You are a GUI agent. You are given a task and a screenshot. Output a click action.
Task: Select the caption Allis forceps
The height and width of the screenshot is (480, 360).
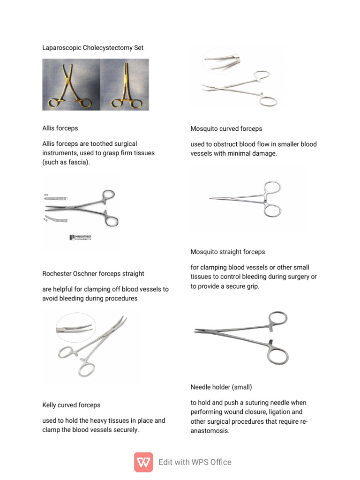60,128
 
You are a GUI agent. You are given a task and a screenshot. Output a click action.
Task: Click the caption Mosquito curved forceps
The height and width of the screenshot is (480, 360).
226,128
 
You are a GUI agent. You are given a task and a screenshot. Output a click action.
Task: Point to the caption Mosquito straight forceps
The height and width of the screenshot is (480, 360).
228,252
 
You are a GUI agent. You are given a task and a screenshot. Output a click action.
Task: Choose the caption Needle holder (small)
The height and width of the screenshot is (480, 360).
221,387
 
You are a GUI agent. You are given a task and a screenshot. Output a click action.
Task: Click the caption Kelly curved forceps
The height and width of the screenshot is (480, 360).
71,405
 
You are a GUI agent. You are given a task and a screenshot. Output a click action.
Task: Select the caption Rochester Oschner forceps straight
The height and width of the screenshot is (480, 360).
93,273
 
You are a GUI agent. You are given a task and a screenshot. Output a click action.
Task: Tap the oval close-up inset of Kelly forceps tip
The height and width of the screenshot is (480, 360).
75,327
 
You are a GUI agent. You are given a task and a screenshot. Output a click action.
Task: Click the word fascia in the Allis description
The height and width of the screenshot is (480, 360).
78,162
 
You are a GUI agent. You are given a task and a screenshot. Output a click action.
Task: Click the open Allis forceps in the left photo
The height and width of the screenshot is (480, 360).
71,84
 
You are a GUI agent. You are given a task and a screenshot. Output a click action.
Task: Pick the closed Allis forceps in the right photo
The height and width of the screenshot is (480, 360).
125,84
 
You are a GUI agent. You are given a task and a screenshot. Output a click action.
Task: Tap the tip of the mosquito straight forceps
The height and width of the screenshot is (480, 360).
210,199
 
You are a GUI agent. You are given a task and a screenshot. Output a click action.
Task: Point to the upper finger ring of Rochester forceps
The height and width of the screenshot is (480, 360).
107,194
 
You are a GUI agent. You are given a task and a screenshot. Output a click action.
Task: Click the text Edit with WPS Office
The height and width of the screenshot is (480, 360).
195,462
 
